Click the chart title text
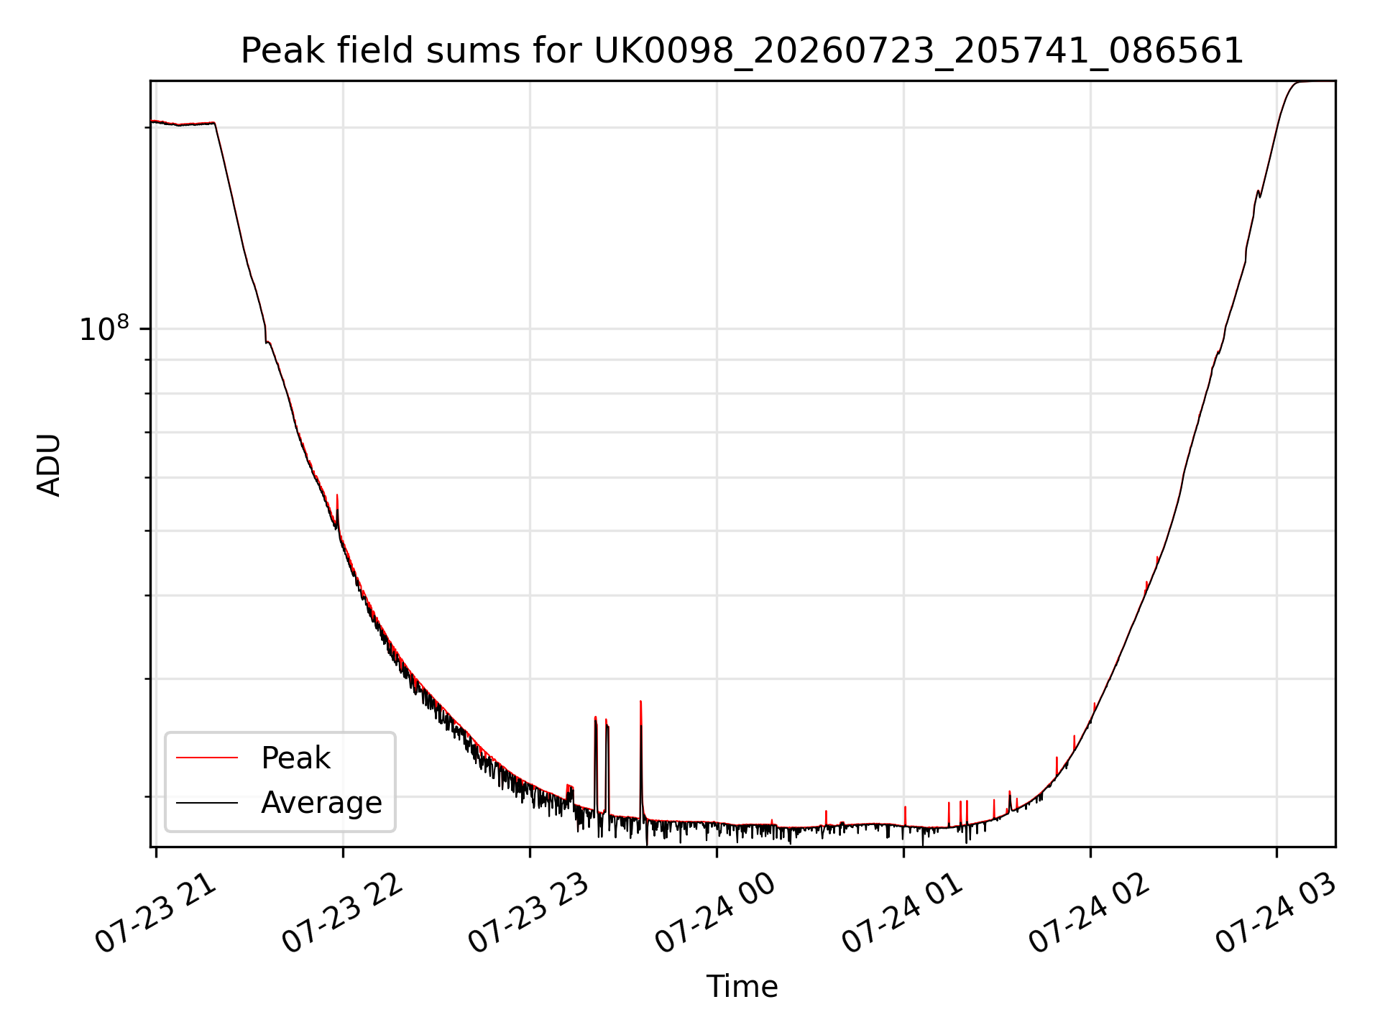pyautogui.click(x=742, y=51)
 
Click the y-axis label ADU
pyautogui.click(x=49, y=464)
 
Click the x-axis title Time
pyautogui.click(x=742, y=987)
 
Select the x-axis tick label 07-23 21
pyautogui.click(x=155, y=913)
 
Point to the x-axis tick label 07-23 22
pyautogui.click(x=342, y=913)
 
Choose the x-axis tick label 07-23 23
pyautogui.click(x=529, y=913)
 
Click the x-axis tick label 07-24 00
pyautogui.click(x=716, y=913)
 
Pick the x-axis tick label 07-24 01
pyautogui.click(x=903, y=913)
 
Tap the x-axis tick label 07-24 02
pyautogui.click(x=1090, y=913)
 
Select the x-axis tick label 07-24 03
pyautogui.click(x=1276, y=913)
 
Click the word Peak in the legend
pyautogui.click(x=295, y=758)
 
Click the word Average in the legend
pyautogui.click(x=321, y=803)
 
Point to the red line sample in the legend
pyautogui.click(x=207, y=758)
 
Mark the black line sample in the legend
pyautogui.click(x=207, y=802)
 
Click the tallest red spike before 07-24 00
pyautogui.click(x=640, y=755)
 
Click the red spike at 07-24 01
pyautogui.click(x=905, y=816)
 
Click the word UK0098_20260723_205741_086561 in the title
pyautogui.click(x=919, y=51)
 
